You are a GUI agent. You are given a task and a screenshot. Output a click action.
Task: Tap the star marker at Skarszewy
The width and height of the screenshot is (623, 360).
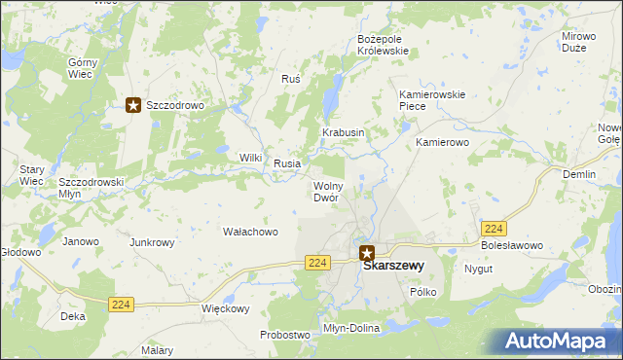point(366,251)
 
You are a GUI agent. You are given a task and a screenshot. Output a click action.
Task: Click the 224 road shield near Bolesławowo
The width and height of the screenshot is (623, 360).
point(494,228)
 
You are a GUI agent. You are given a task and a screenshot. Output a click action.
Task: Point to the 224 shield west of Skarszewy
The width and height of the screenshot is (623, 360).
point(316,263)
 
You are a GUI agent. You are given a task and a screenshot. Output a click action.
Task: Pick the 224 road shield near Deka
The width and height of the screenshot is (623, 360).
point(121,304)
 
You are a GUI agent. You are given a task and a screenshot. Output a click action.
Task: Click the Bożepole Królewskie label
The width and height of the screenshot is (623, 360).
point(386,45)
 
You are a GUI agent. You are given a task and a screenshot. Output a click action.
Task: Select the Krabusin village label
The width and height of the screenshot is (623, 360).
point(344,132)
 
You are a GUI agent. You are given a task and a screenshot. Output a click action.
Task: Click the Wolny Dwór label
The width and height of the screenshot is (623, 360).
point(325,192)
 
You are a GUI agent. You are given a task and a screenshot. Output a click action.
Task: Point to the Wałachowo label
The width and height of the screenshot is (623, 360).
point(251,232)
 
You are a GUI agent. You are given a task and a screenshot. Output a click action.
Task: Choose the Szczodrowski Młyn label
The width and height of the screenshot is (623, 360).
point(91,187)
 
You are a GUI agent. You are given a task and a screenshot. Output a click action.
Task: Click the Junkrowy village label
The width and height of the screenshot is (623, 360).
point(152,242)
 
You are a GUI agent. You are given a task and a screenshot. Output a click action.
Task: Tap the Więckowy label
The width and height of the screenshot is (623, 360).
point(225,309)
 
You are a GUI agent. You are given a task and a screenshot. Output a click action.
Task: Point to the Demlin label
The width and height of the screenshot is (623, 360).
point(579,174)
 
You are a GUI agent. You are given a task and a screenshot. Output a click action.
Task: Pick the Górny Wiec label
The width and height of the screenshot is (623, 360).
point(82,67)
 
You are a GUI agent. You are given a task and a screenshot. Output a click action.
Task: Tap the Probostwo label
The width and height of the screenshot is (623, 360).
point(284,335)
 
